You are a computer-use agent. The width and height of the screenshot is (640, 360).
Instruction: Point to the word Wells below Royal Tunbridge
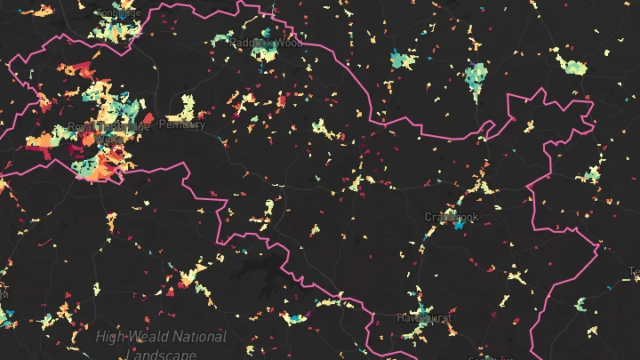pos(108,140)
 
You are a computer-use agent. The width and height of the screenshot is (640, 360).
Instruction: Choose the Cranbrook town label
pos(451,217)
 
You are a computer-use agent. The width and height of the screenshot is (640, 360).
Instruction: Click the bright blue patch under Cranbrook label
pos(459,226)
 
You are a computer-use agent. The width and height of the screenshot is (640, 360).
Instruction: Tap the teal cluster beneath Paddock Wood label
pos(264,55)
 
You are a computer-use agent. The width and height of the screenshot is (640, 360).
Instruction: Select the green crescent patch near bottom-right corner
pos(582,305)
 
